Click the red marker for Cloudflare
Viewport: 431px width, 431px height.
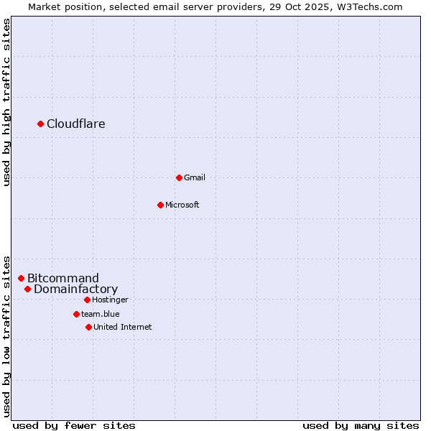[41, 124]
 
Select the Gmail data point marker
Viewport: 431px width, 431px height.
[179, 177]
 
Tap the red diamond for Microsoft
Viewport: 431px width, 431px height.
[160, 205]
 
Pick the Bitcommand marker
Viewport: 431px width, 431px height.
[21, 278]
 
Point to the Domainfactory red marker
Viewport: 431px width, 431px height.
[27, 289]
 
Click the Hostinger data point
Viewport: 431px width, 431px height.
[87, 300]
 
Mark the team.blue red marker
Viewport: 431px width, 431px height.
[76, 314]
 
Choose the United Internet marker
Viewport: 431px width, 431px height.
[88, 327]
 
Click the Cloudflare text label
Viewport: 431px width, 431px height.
[76, 124]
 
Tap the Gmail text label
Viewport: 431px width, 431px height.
[195, 177]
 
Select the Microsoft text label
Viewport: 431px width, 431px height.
[182, 205]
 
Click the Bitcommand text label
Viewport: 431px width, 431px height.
[63, 279]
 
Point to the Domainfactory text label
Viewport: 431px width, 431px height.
[75, 289]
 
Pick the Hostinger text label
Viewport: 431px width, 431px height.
[110, 300]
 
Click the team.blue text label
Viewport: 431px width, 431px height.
[101, 314]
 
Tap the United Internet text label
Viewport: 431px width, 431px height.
[123, 327]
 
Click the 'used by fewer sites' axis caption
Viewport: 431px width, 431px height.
[74, 425]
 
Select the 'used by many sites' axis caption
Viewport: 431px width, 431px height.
[361, 425]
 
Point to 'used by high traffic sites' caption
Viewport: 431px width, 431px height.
[7, 102]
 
